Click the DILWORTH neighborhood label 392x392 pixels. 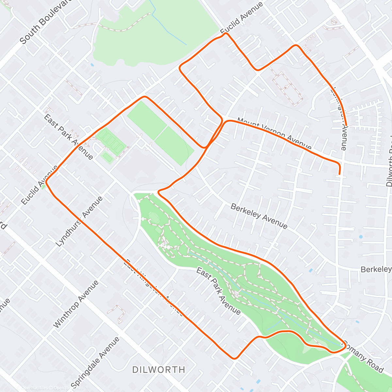pos(159,369)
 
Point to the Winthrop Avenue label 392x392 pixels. pos(75,304)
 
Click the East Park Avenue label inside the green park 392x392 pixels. pos(218,291)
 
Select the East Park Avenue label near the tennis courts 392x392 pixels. pos(69,137)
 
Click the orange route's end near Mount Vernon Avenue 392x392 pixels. pos(339,174)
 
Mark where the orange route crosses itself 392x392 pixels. pos(210,142)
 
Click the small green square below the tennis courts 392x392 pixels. pos(107,158)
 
